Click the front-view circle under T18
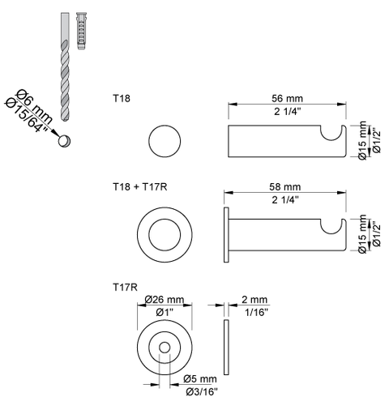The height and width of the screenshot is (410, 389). (164, 143)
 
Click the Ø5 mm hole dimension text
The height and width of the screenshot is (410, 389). (199, 378)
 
